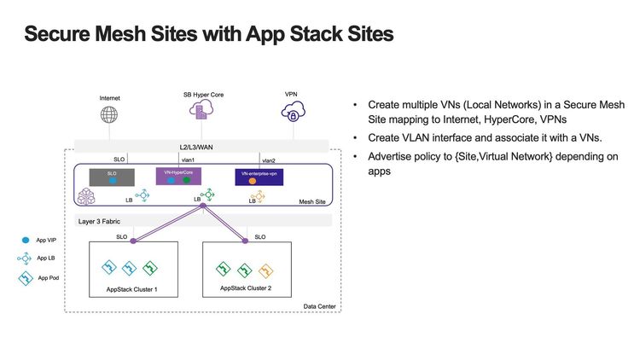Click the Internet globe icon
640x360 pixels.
pyautogui.click(x=108, y=115)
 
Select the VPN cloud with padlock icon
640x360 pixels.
pyautogui.click(x=290, y=113)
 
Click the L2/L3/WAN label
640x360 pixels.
pyautogui.click(x=201, y=147)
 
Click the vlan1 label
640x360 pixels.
pyautogui.click(x=189, y=160)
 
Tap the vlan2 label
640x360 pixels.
pyautogui.click(x=269, y=160)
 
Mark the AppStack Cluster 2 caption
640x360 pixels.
pyautogui.click(x=245, y=288)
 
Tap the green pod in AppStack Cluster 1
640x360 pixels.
pyautogui.click(x=150, y=268)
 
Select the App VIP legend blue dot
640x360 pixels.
pyautogui.click(x=26, y=240)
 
